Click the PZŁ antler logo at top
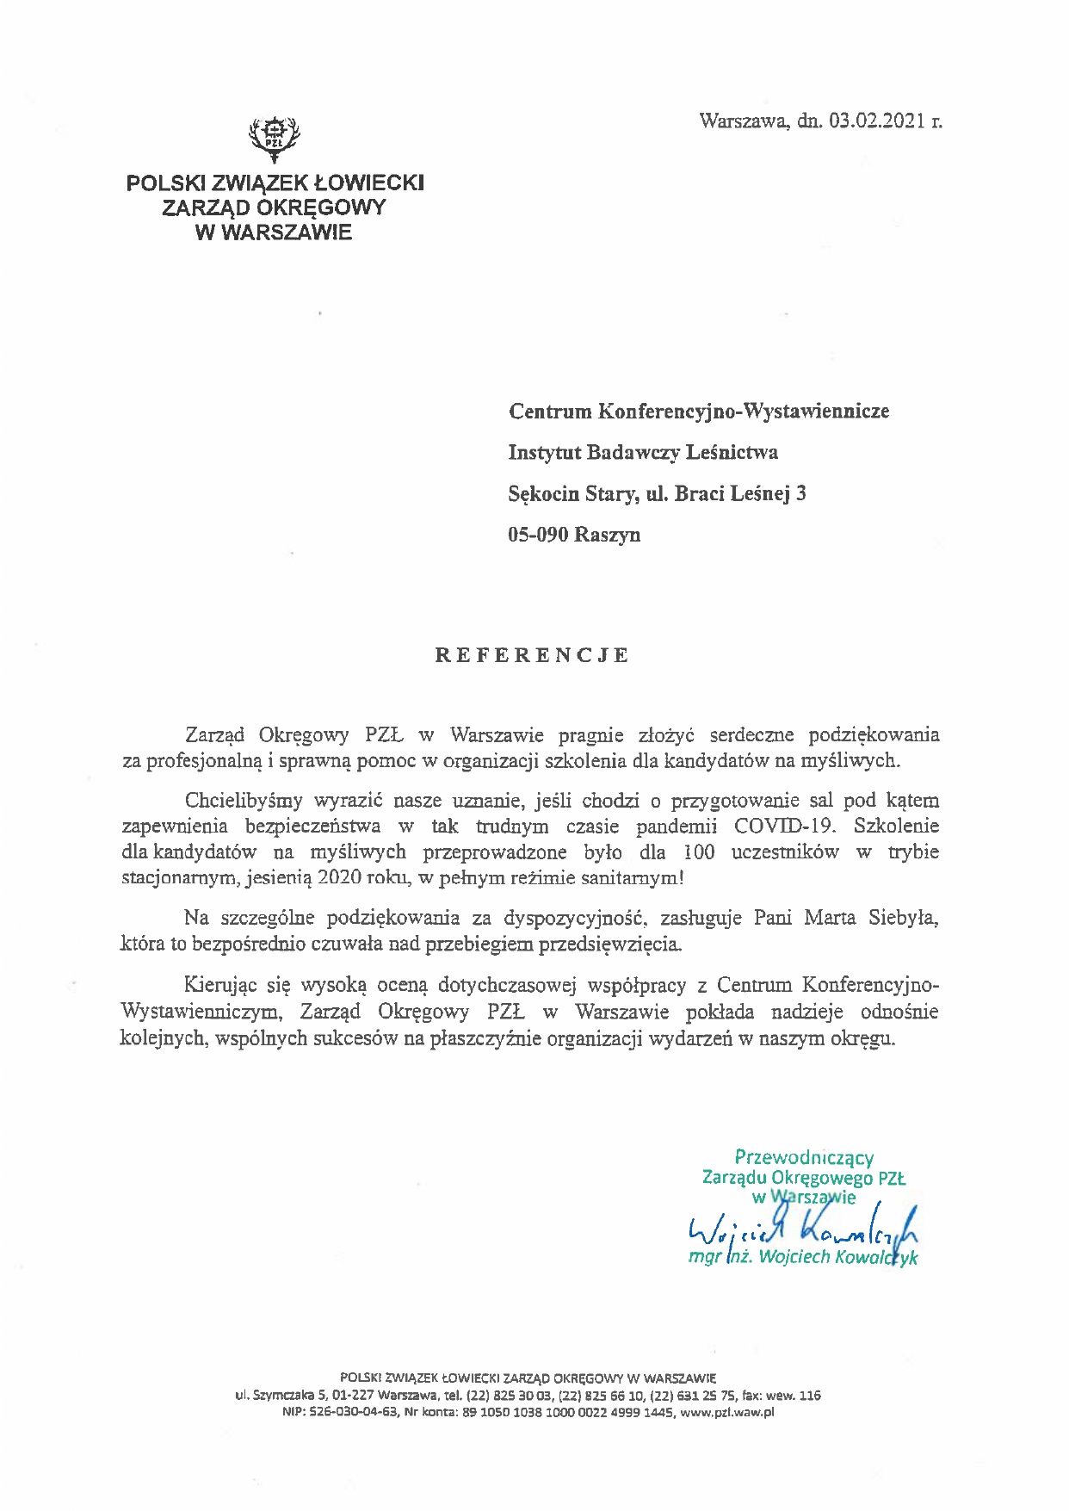[x=274, y=138]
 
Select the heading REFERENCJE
[x=532, y=655]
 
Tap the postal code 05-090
[x=538, y=535]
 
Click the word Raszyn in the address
[x=608, y=535]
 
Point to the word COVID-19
[x=784, y=827]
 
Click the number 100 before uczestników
[x=700, y=852]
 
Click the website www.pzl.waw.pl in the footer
[x=727, y=1413]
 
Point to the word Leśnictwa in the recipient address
[x=738, y=452]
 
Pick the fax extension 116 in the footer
[x=810, y=1396]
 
